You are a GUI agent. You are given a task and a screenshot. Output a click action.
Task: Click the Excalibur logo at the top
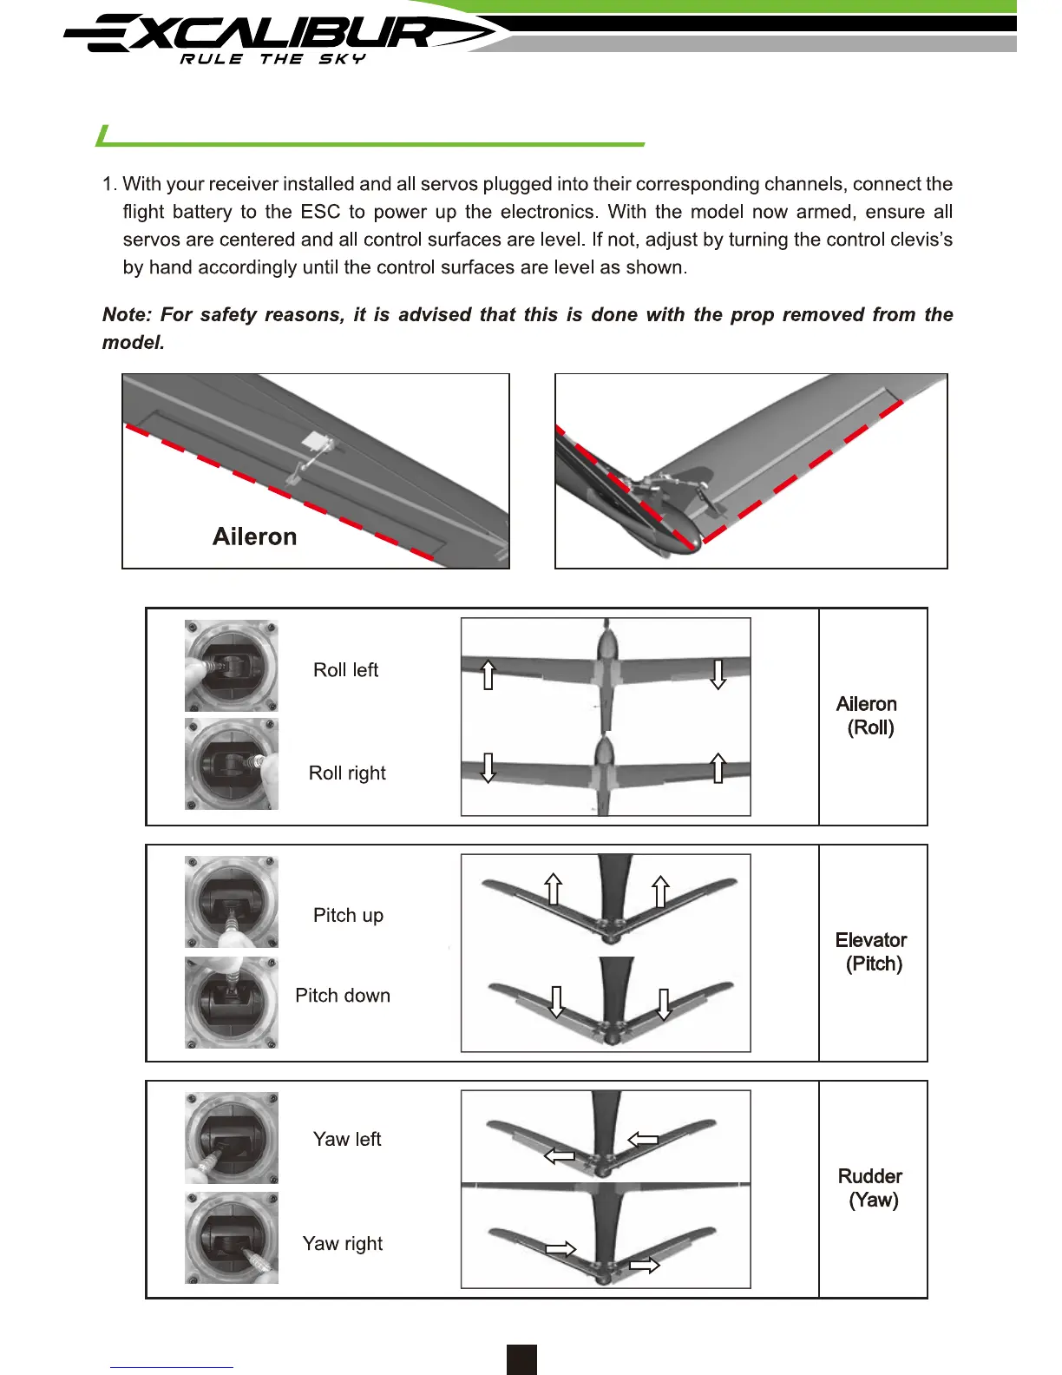coord(278,35)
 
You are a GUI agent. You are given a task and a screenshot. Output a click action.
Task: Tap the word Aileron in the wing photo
coord(254,536)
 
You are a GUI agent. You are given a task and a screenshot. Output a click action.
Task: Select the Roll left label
coord(345,670)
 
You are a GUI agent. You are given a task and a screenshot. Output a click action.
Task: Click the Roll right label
coord(347,773)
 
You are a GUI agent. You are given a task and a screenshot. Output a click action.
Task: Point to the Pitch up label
coord(348,915)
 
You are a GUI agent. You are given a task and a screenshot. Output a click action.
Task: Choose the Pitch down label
coord(343,996)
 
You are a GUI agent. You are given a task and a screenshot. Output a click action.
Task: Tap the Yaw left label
coord(347,1139)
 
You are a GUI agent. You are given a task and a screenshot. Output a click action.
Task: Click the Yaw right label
coord(343,1244)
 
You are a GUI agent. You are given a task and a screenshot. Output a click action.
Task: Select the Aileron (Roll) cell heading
coord(867,716)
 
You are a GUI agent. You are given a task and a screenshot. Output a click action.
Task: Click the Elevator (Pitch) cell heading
coord(871,952)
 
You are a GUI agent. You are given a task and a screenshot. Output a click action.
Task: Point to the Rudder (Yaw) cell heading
coord(870,1188)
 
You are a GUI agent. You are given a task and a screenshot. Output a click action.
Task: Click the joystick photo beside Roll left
coord(232,666)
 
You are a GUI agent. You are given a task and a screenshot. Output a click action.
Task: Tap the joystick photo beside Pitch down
coord(232,1003)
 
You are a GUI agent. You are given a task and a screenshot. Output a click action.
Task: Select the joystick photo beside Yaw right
coord(232,1239)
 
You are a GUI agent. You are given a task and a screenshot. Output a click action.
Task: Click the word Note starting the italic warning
coord(126,315)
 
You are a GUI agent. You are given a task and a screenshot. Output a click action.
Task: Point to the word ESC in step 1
coord(320,212)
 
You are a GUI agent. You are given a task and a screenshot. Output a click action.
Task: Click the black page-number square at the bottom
coord(521,1359)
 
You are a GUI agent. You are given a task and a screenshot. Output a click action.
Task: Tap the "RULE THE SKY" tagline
coord(272,59)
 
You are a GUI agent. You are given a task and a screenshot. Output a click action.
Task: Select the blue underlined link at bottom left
coord(172,1367)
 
